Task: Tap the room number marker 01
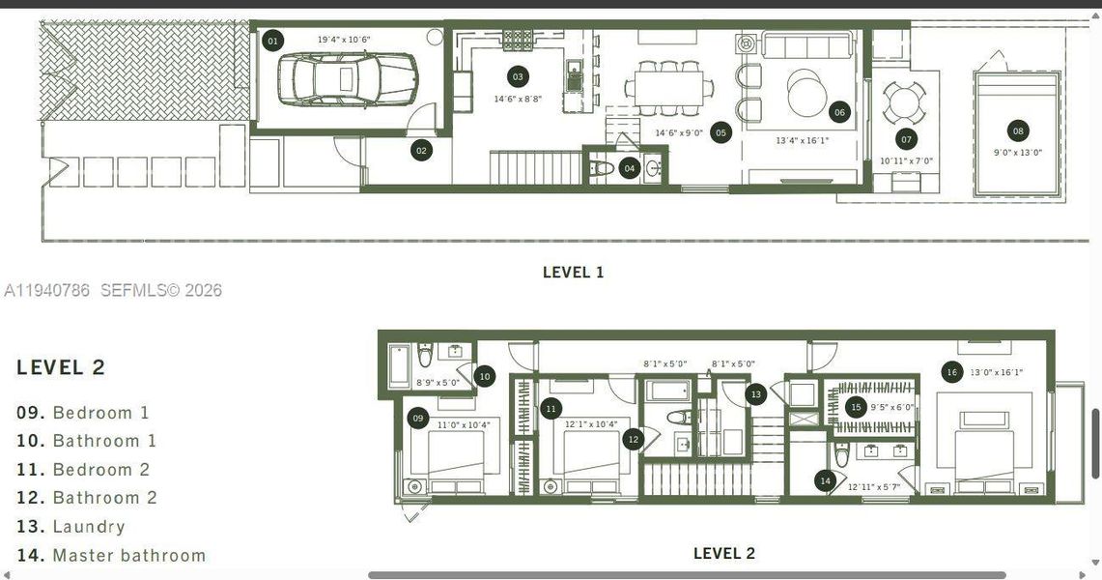(273, 41)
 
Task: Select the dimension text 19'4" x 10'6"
(345, 40)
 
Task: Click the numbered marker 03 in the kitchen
(518, 76)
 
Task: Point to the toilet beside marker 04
(604, 168)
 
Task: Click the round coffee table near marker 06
(806, 94)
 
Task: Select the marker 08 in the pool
(1018, 130)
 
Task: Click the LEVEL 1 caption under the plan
(573, 273)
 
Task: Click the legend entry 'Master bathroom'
(128, 556)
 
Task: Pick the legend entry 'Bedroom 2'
(100, 470)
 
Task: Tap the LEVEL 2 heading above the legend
(61, 367)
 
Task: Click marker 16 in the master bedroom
(951, 372)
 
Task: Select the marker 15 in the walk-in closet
(855, 407)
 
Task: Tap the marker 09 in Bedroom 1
(417, 419)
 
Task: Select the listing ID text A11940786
(46, 290)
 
